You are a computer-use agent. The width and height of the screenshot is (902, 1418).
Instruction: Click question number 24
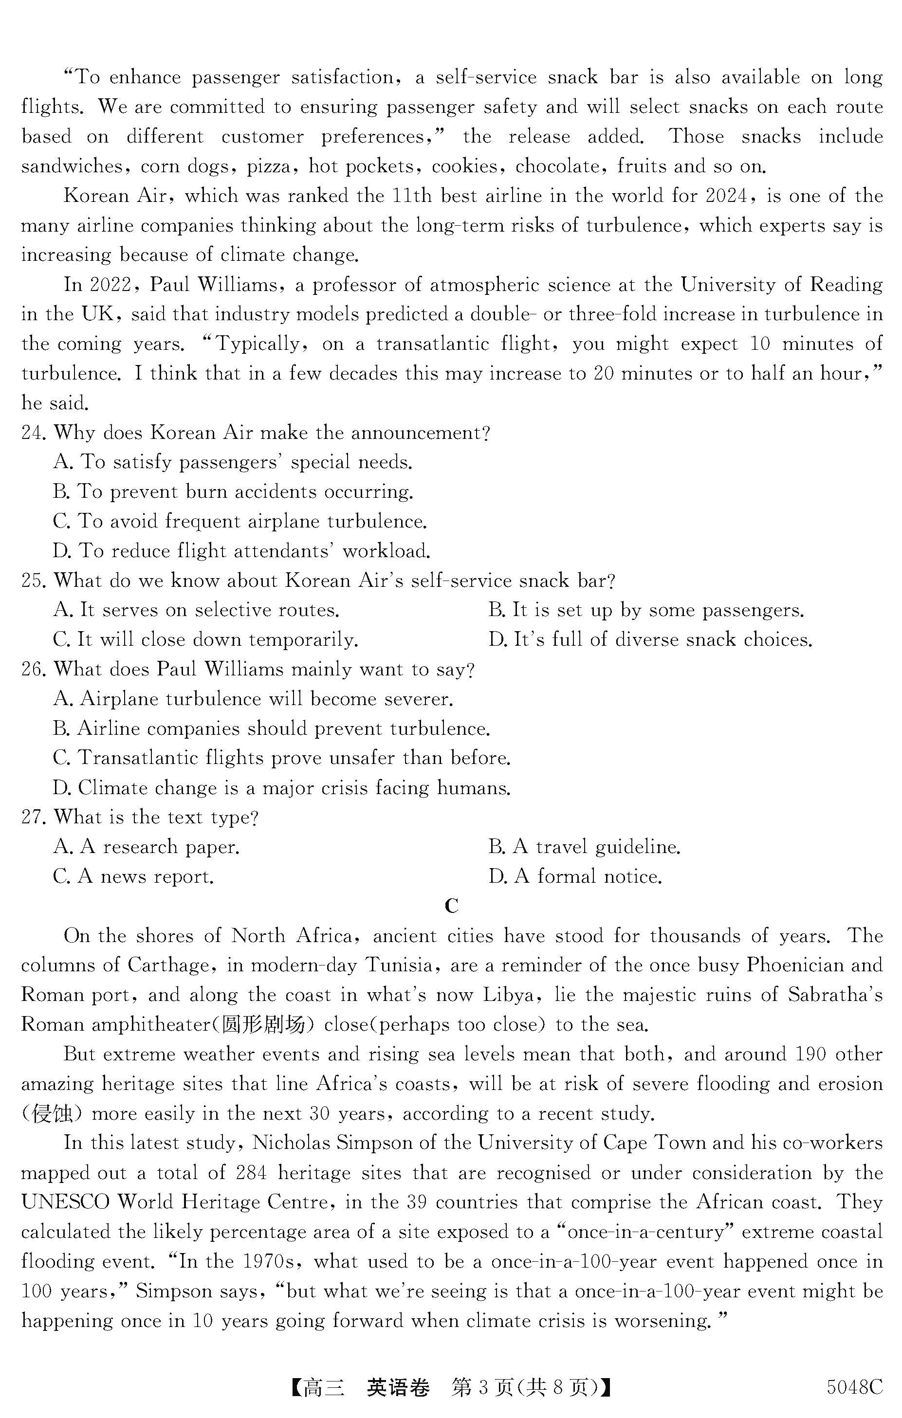[x=33, y=433]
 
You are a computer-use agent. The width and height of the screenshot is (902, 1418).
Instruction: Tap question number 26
[x=33, y=670]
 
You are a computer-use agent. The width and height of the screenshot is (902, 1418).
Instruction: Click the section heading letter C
[x=451, y=906]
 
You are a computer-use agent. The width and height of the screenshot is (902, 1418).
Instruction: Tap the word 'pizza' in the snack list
[x=269, y=166]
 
